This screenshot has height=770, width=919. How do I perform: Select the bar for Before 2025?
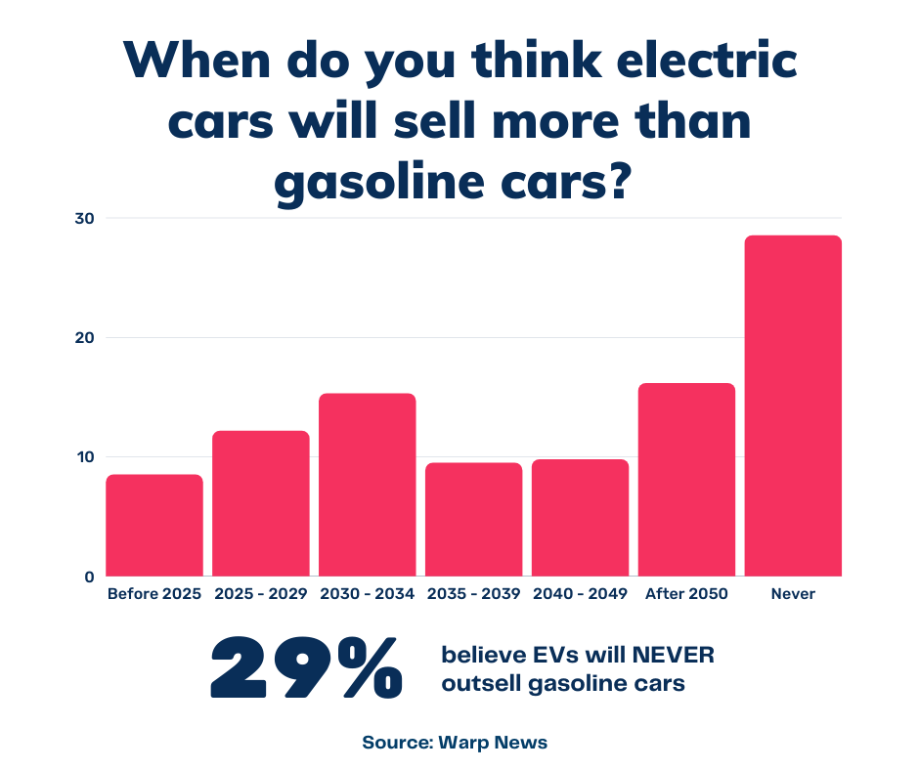click(154, 525)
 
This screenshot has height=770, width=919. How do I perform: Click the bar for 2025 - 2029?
click(261, 503)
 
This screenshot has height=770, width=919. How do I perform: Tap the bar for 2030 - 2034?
click(368, 485)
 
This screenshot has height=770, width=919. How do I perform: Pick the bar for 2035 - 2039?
click(474, 519)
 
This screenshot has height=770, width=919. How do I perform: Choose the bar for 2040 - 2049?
click(581, 517)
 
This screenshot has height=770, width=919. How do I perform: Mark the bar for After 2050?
click(686, 479)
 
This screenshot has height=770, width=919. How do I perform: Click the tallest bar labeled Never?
click(793, 406)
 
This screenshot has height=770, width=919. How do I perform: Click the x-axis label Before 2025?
click(154, 593)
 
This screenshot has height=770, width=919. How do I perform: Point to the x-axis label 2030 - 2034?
click(368, 593)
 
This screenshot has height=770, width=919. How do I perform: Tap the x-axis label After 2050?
click(686, 593)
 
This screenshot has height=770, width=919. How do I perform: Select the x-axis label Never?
click(793, 593)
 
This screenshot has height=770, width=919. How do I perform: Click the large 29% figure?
click(306, 668)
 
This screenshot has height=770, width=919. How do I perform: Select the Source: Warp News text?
click(455, 743)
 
